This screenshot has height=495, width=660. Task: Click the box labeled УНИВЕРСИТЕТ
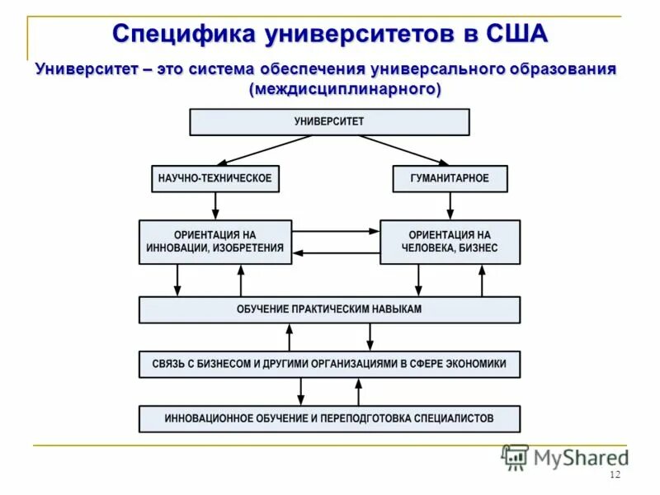(329, 122)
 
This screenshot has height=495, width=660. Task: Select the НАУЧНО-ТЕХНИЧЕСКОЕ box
(214, 178)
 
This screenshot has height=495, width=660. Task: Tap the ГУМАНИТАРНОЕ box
(450, 178)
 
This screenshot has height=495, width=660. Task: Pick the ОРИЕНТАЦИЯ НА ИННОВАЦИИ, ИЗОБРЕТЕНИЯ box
(214, 242)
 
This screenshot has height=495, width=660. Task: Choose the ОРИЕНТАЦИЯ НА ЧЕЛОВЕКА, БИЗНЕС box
(450, 242)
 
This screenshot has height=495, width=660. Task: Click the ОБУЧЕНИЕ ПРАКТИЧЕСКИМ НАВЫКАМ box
(329, 309)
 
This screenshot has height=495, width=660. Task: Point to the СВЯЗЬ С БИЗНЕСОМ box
(329, 363)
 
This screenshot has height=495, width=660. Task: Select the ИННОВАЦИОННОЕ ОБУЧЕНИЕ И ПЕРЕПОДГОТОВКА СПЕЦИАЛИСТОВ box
(329, 418)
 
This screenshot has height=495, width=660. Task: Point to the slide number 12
(614, 475)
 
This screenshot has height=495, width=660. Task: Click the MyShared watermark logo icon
(516, 456)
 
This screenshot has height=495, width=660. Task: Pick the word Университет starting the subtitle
(86, 69)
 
